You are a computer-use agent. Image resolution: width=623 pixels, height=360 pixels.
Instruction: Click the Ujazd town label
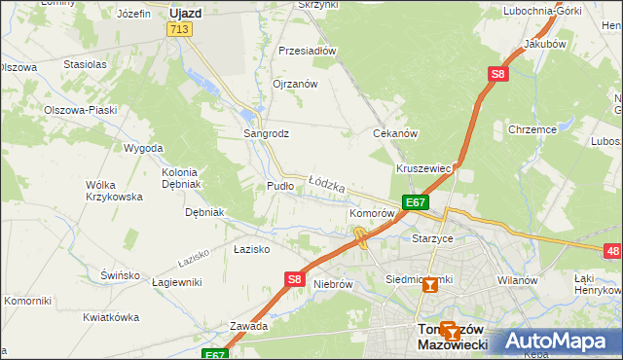pyautogui.click(x=184, y=14)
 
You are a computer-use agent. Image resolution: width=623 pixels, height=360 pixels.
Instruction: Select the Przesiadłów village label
pyautogui.click(x=307, y=51)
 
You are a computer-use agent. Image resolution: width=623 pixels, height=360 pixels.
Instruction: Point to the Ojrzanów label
pyautogui.click(x=295, y=85)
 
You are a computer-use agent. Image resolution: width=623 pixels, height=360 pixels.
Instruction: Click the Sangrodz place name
pyautogui.click(x=266, y=133)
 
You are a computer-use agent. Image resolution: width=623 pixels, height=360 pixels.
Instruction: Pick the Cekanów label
pyautogui.click(x=396, y=133)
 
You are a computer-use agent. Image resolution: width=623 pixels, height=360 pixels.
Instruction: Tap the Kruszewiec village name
pyautogui.click(x=423, y=168)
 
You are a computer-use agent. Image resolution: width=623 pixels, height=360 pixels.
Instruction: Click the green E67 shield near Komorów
pyautogui.click(x=416, y=202)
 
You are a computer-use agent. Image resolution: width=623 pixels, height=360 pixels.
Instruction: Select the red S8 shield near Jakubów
pyautogui.click(x=497, y=74)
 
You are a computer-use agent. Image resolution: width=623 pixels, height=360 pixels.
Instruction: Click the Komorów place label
pyautogui.click(x=371, y=212)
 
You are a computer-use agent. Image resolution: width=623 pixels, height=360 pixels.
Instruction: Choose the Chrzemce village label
pyautogui.click(x=531, y=128)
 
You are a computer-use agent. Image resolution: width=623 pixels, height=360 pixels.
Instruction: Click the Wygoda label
pyautogui.click(x=143, y=149)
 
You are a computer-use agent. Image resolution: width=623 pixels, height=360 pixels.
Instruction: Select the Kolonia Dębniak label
pyautogui.click(x=180, y=178)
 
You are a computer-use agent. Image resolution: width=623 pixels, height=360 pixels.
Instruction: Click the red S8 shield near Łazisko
pyautogui.click(x=295, y=279)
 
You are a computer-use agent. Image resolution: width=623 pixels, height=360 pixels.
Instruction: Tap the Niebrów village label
pyautogui.click(x=333, y=285)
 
